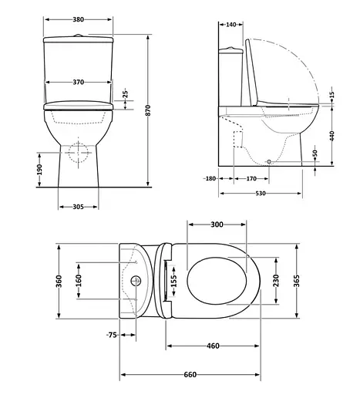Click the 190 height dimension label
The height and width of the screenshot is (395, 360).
coord(39,170)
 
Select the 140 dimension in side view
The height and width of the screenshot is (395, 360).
coord(231,25)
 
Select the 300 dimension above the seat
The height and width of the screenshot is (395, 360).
coord(217,225)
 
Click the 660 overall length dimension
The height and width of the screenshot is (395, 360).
coord(190,374)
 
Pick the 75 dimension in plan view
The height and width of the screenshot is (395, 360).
coord(112,336)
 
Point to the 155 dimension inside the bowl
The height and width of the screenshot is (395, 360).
coord(174,279)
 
